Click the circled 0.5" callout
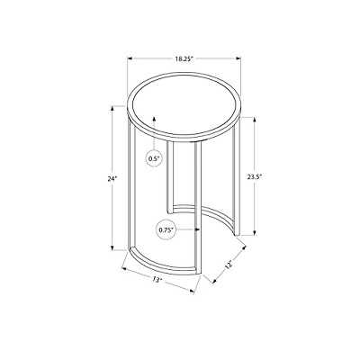(155, 159)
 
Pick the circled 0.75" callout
(166, 229)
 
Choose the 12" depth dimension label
(229, 265)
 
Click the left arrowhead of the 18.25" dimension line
(117, 53)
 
